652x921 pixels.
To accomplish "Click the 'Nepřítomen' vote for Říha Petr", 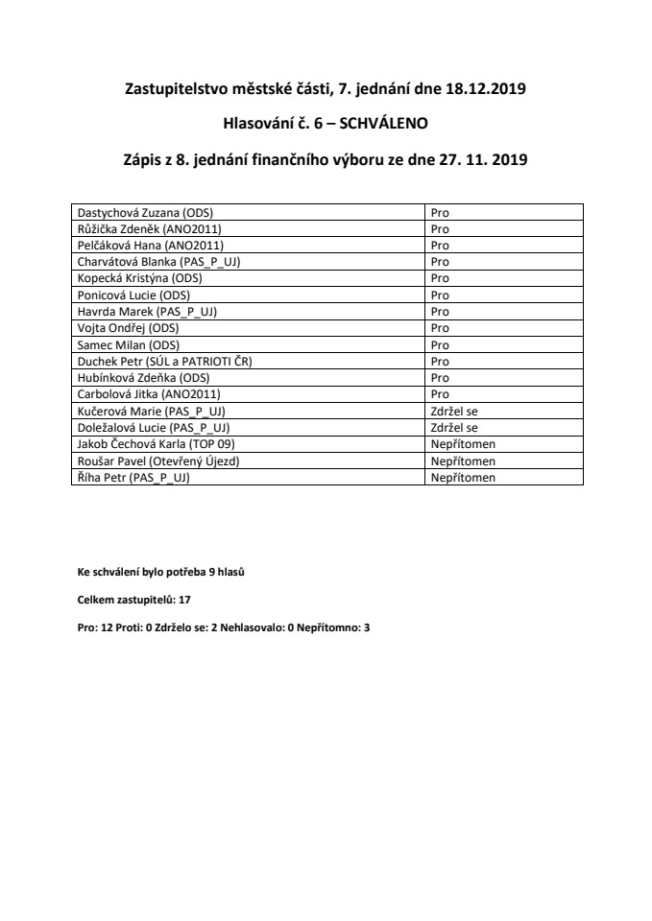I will click(x=463, y=477).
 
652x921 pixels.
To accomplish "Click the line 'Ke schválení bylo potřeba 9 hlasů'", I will click(x=161, y=573).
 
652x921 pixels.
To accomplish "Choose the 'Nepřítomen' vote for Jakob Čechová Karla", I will click(x=463, y=444).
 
